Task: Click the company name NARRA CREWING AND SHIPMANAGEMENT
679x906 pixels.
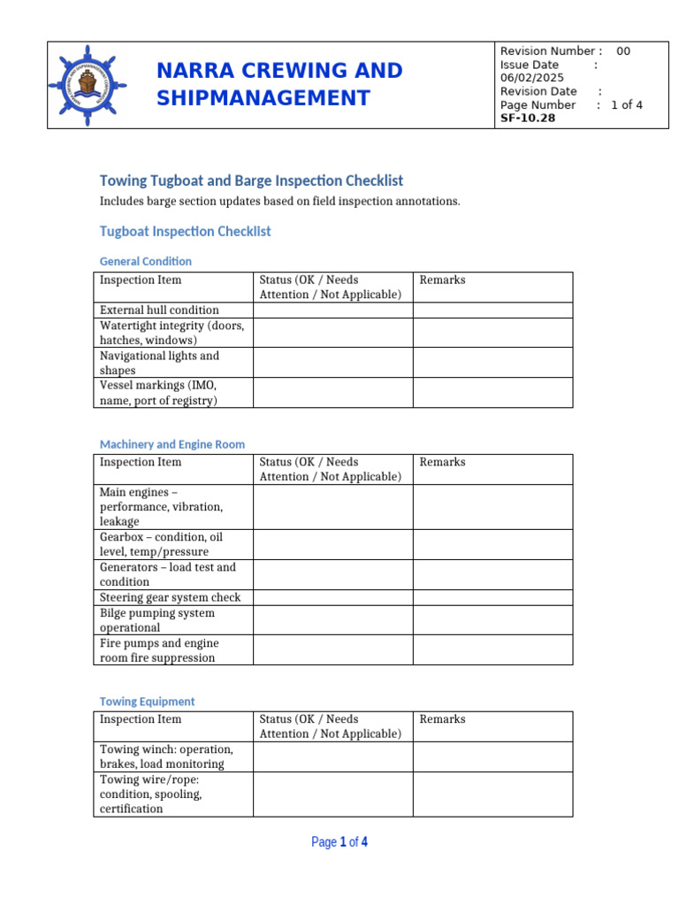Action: (x=279, y=84)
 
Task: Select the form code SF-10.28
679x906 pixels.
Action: (x=528, y=118)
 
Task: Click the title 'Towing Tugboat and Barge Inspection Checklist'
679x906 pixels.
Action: (x=251, y=180)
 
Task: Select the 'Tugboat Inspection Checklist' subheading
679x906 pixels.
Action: (x=185, y=232)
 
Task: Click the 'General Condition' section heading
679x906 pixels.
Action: (x=145, y=261)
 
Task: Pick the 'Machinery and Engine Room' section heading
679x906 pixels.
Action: (x=172, y=444)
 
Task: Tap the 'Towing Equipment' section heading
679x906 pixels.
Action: (x=147, y=702)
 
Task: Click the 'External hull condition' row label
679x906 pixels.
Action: (x=159, y=311)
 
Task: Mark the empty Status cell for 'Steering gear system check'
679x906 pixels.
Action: (x=332, y=597)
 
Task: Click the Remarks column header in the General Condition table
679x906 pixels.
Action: (x=442, y=280)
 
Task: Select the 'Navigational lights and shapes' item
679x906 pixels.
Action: (x=159, y=363)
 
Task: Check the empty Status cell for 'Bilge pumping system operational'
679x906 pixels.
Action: (x=332, y=620)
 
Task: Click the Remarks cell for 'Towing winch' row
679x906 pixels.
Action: (x=492, y=756)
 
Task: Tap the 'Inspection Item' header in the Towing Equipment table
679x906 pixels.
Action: (x=141, y=719)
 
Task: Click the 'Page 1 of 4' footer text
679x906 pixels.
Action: (x=339, y=842)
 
